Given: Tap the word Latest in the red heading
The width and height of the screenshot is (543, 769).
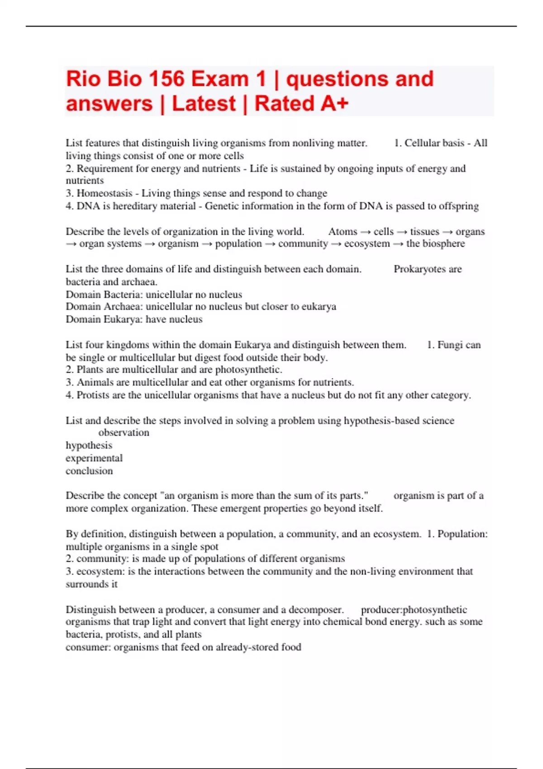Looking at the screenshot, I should click(204, 104).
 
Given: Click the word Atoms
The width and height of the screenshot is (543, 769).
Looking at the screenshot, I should click(343, 232).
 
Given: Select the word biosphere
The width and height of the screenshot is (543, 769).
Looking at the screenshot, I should click(443, 244).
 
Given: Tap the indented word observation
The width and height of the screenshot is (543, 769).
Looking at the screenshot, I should click(124, 433).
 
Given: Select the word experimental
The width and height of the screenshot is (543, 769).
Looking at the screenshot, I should click(94, 458).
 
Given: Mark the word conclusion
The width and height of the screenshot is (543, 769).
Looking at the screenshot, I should click(89, 471).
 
